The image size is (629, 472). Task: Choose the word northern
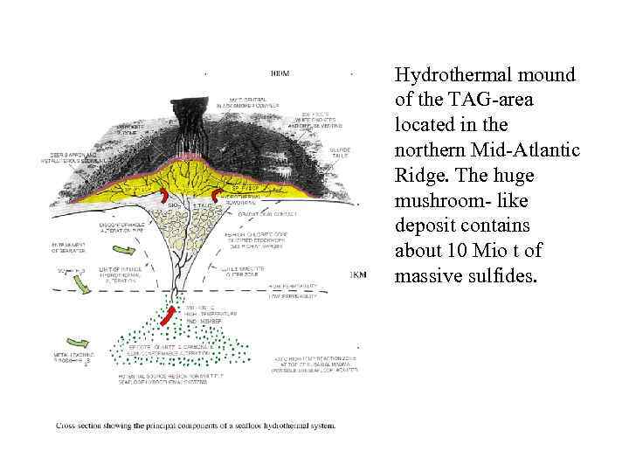coord(430,150)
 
